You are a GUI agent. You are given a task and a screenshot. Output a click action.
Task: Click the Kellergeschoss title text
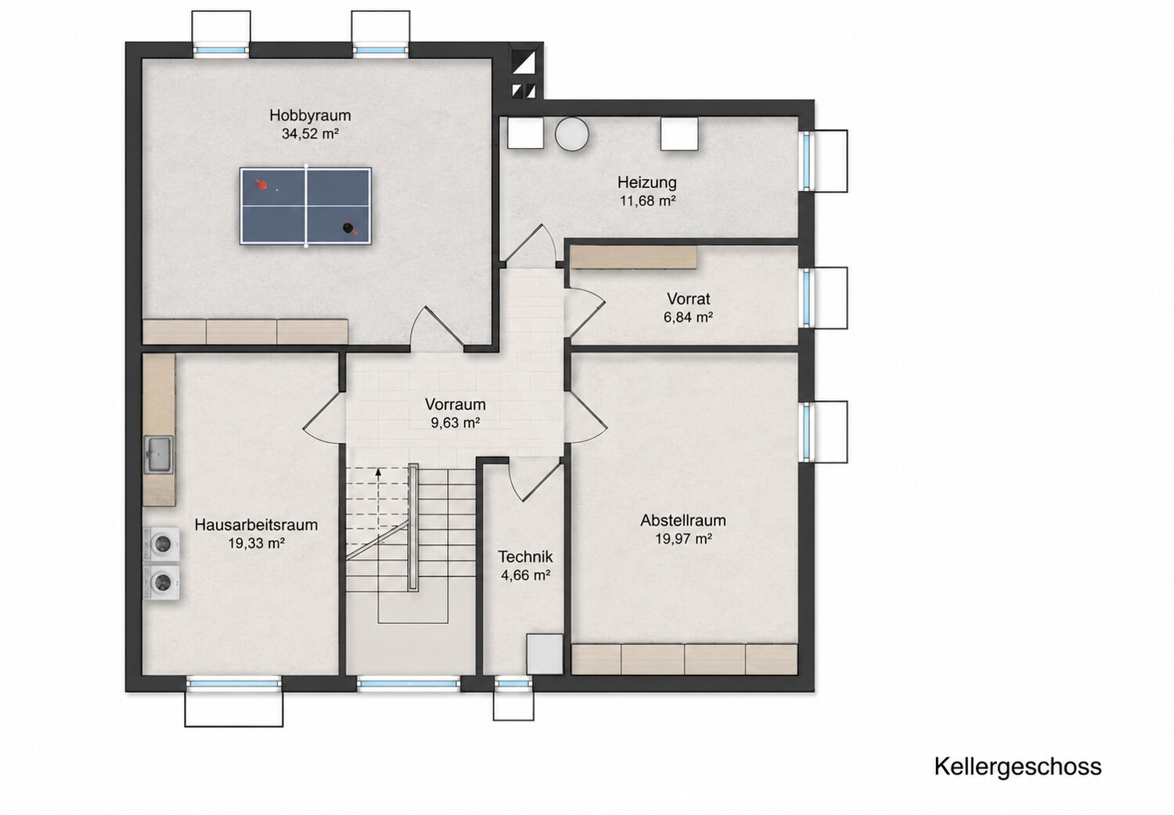point(1017,767)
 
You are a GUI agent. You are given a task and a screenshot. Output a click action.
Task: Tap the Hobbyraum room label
point(310,115)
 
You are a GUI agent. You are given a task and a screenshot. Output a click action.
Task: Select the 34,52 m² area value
point(310,134)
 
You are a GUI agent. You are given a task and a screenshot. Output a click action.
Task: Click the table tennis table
point(306,206)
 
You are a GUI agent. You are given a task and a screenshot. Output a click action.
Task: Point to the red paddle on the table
point(261,185)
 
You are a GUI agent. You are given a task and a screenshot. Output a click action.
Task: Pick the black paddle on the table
point(349,228)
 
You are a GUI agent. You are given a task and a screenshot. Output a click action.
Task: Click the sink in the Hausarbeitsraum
point(158,454)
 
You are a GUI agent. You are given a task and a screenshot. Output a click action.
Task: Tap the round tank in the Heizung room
point(572,134)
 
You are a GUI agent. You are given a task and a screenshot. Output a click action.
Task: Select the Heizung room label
point(646,182)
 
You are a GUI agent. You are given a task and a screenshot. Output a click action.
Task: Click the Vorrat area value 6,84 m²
point(688,317)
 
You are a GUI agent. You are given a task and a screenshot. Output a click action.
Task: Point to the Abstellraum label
point(683,521)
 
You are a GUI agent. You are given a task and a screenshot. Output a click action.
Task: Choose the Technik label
point(525,557)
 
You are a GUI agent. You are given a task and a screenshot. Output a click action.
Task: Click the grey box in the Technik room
point(545,654)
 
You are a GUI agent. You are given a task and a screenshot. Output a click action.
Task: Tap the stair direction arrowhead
point(378,472)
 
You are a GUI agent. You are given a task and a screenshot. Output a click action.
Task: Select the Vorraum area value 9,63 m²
point(456,423)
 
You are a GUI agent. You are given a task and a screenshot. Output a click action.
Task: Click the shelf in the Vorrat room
point(634,258)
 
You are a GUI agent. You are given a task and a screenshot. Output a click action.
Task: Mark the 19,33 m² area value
point(256,543)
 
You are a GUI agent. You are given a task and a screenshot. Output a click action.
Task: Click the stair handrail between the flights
point(413,528)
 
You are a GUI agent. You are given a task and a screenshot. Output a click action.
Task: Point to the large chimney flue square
point(524,62)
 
